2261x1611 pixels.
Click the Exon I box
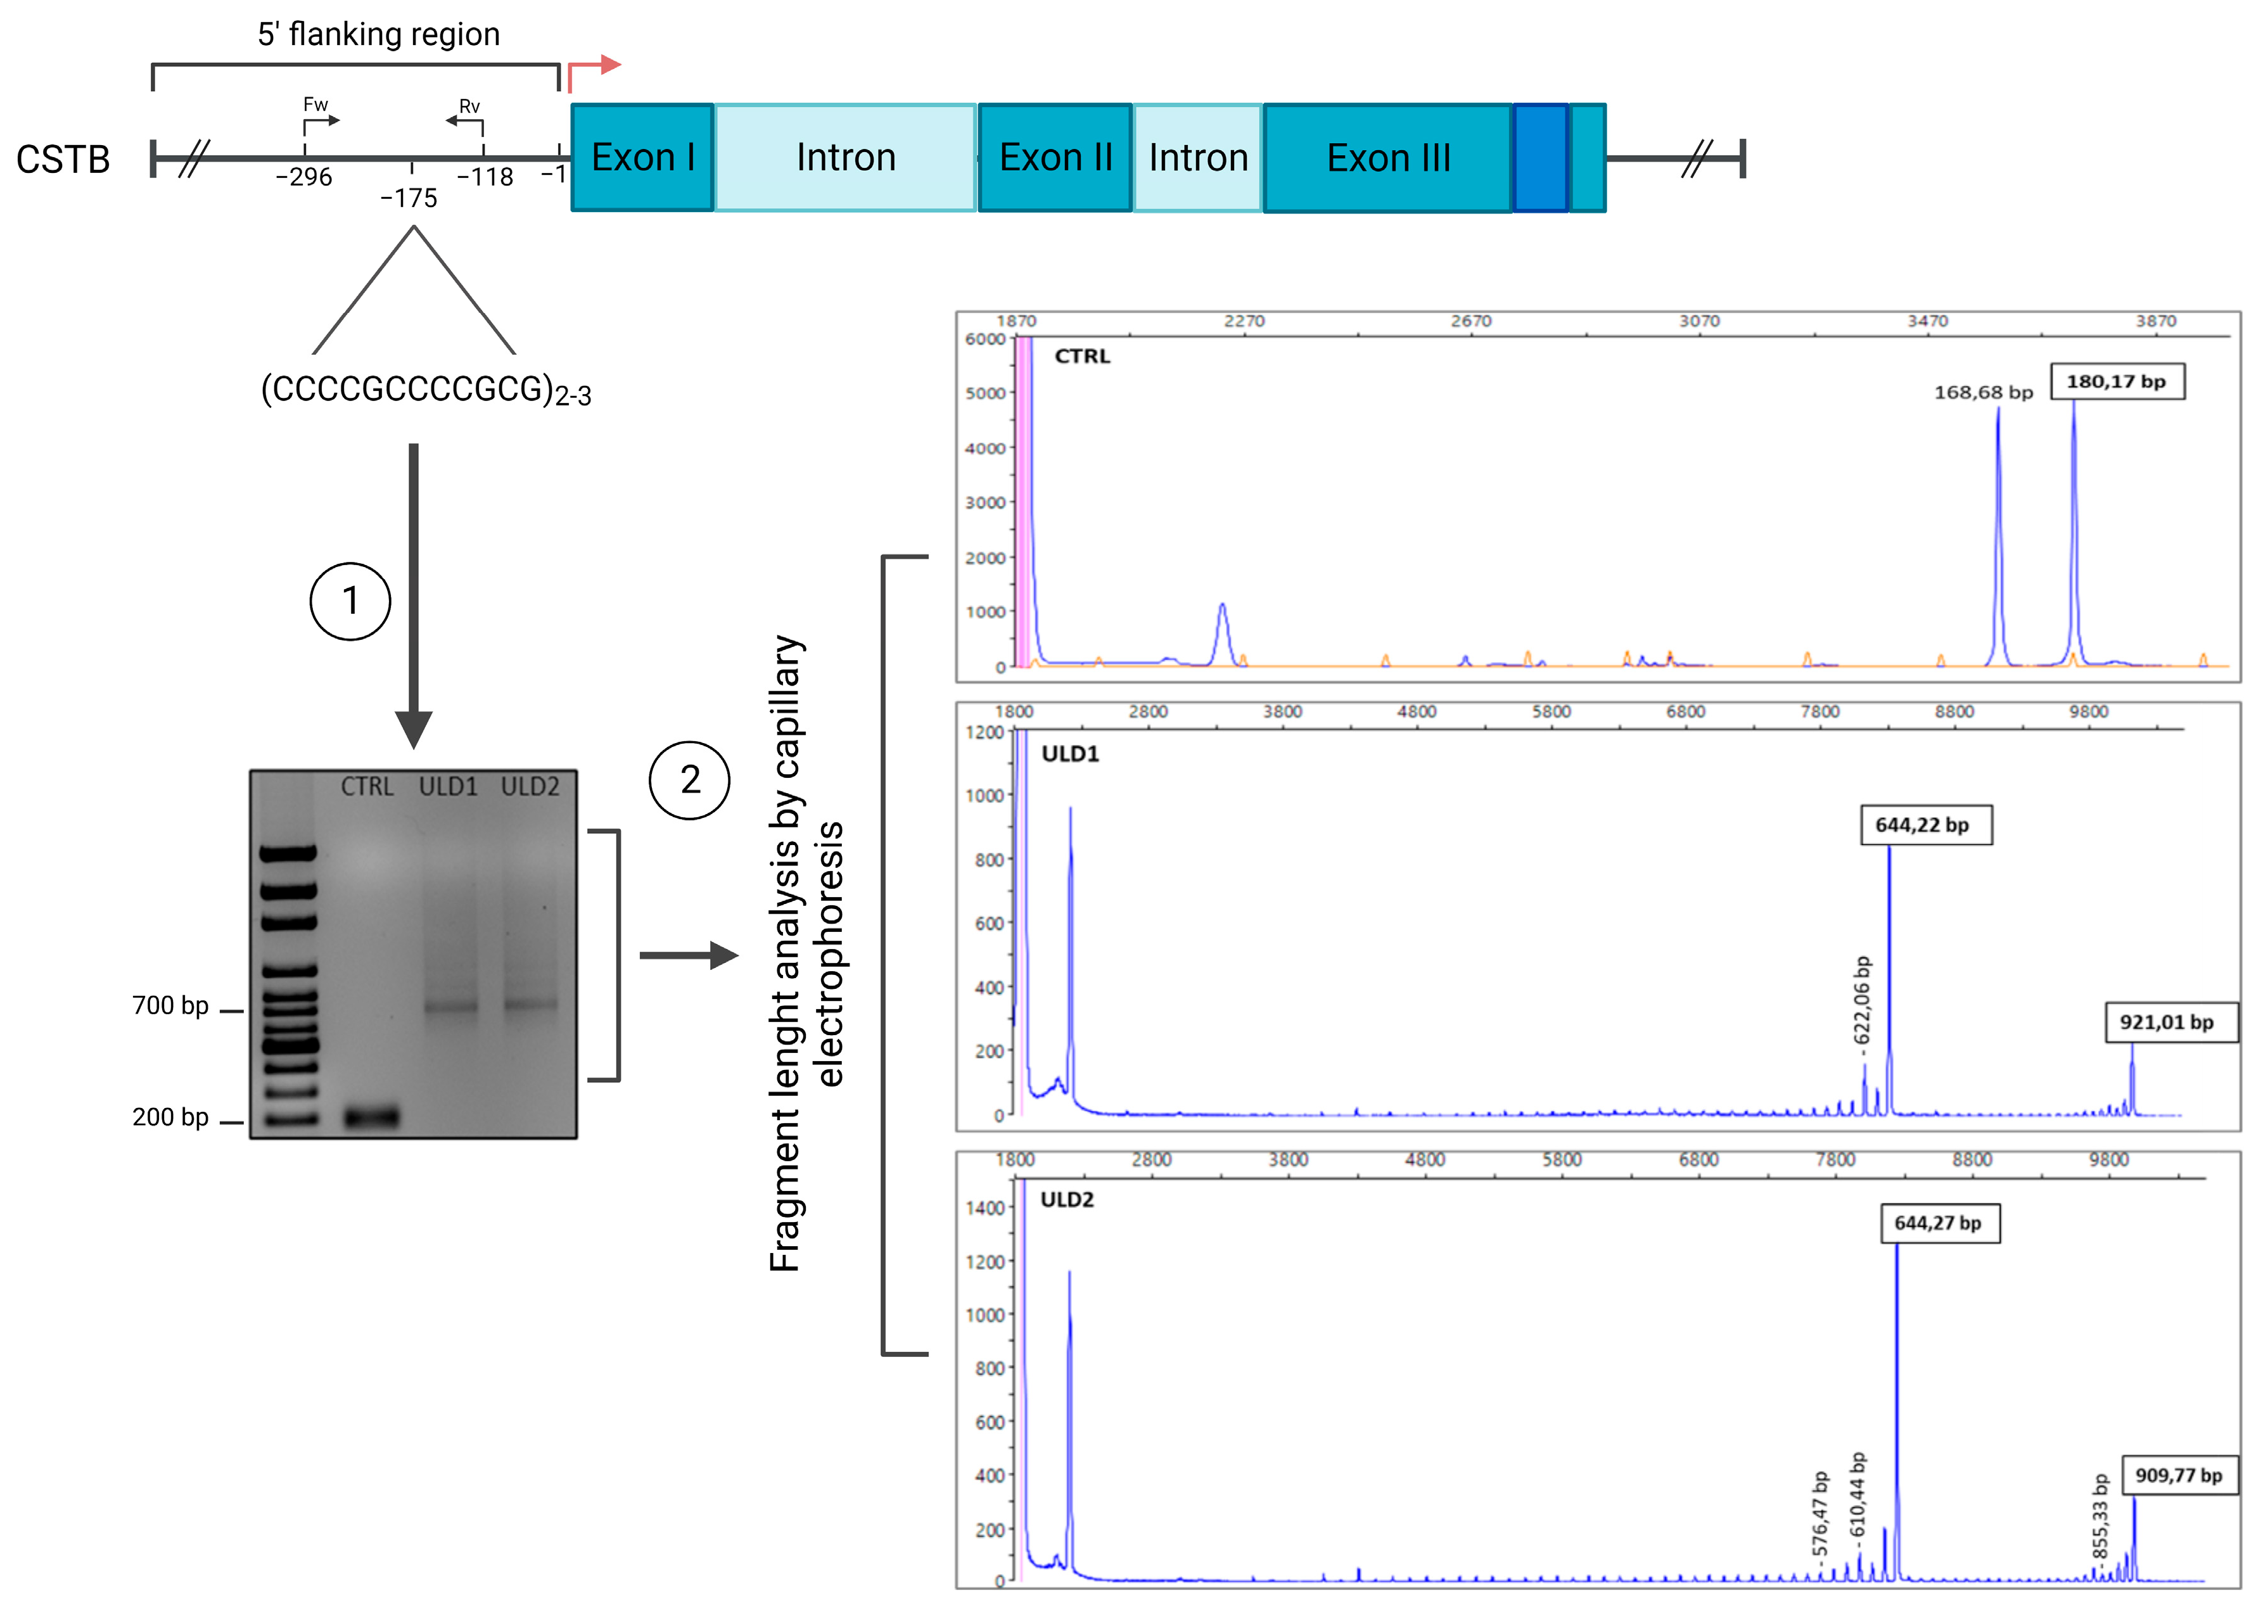pos(642,158)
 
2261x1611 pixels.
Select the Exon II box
pos(1055,158)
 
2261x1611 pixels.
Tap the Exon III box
pos(1388,158)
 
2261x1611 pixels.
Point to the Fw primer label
pos(315,104)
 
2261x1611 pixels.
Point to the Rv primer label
pos(469,106)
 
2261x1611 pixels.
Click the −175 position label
pos(409,198)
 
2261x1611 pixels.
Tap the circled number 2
pos(689,780)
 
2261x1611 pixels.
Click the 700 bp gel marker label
pos(170,1006)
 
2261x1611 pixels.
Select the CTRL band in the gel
pos(371,1117)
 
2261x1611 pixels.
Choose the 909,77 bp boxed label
pos(2179,1475)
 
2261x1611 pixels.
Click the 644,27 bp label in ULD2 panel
pos(1939,1223)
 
